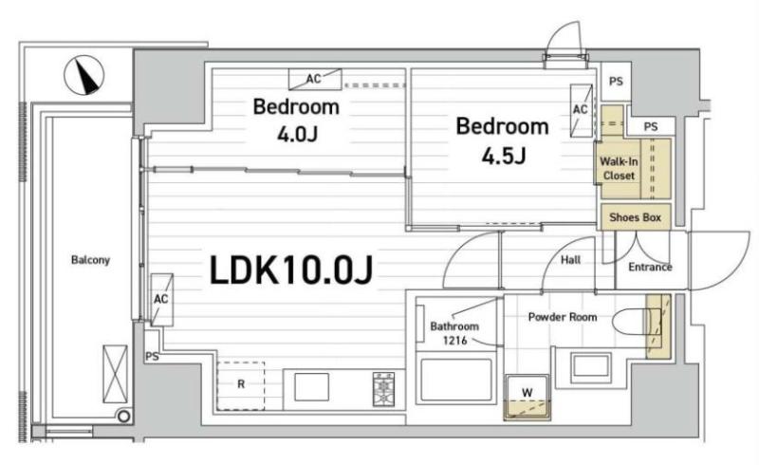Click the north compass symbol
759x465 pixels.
[84, 75]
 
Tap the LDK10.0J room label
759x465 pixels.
[291, 270]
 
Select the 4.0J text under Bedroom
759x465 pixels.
[297, 134]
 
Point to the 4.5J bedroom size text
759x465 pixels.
[504, 156]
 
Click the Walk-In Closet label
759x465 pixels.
[619, 169]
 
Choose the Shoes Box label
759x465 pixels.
[635, 217]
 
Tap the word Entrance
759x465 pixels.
[650, 267]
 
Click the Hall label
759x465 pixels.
[571, 260]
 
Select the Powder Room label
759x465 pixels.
[563, 317]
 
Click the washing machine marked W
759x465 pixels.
[528, 398]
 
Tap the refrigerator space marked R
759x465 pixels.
[241, 385]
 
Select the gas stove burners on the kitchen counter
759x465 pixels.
[383, 388]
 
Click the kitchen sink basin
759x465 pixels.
[312, 387]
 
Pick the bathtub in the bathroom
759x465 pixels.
[456, 380]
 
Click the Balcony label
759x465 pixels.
[90, 260]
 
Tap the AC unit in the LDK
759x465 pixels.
[161, 300]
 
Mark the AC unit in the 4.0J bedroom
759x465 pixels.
[315, 79]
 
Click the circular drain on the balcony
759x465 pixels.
[123, 416]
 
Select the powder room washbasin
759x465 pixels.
[590, 366]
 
